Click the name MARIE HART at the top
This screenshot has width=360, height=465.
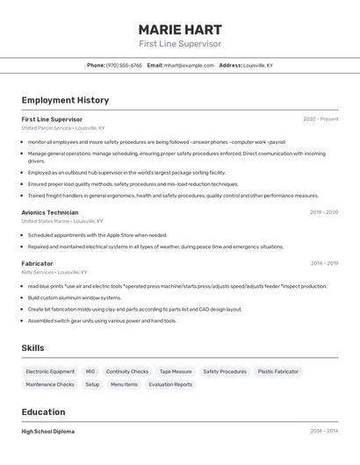pyautogui.click(x=180, y=29)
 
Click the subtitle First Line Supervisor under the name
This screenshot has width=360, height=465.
pyautogui.click(x=180, y=44)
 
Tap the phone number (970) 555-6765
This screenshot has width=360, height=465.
pyautogui.click(x=124, y=65)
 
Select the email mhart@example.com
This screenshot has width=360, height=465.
pyautogui.click(x=189, y=65)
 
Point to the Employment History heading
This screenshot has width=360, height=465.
pyautogui.click(x=65, y=100)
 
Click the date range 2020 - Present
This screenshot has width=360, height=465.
pyautogui.click(x=320, y=118)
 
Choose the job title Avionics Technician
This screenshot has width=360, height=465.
pyautogui.click(x=50, y=211)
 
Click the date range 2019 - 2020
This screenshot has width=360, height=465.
pyautogui.click(x=324, y=211)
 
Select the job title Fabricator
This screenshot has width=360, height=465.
pyautogui.click(x=37, y=263)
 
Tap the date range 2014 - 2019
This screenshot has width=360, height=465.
pyautogui.click(x=324, y=263)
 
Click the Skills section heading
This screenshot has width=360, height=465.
pyautogui.click(x=32, y=348)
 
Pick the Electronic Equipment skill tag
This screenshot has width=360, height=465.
pyautogui.click(x=50, y=371)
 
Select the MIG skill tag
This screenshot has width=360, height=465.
pyautogui.click(x=90, y=371)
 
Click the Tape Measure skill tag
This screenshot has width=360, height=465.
pyautogui.click(x=176, y=371)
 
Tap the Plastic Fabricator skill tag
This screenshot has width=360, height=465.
pyautogui.click(x=278, y=371)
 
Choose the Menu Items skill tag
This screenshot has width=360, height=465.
pyautogui.click(x=124, y=384)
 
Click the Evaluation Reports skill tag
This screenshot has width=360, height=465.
pyautogui.click(x=170, y=384)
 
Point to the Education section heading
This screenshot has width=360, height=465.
pyautogui.click(x=43, y=411)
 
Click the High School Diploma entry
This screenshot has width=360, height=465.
pyautogui.click(x=48, y=431)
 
